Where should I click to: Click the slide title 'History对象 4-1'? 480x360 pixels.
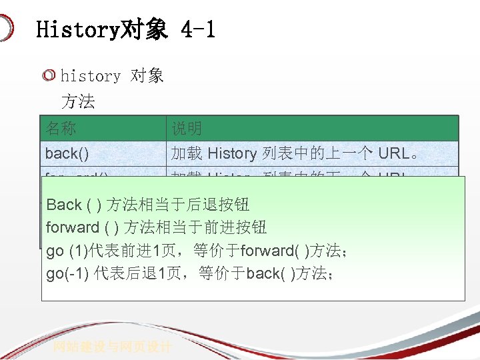pyautogui.click(x=125, y=29)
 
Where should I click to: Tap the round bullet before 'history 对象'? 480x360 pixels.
pyautogui.click(x=49, y=76)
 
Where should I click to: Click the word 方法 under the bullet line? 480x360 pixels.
pyautogui.click(x=78, y=102)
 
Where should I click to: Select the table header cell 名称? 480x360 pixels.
pyautogui.click(x=61, y=128)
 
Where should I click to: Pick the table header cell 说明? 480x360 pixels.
pyautogui.click(x=187, y=128)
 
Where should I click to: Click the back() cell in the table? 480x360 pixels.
pyautogui.click(x=67, y=153)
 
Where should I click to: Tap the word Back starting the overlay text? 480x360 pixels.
pyautogui.click(x=64, y=205)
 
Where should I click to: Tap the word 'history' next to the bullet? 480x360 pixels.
pyautogui.click(x=90, y=76)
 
